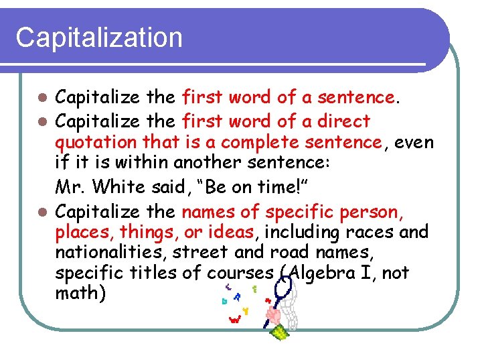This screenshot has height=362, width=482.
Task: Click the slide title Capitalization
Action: [x=99, y=38]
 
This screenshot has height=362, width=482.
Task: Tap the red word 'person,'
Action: [x=371, y=213]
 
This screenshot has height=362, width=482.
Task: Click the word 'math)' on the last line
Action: [x=80, y=294]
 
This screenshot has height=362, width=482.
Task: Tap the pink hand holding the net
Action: [x=273, y=314]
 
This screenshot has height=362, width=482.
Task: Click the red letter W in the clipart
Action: [x=234, y=320]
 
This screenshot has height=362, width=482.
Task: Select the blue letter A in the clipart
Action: [x=238, y=296]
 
